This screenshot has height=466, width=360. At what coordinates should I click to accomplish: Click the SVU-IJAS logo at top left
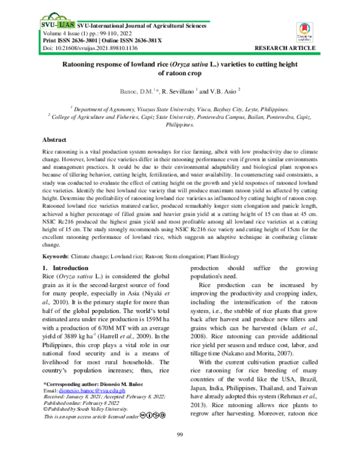57,26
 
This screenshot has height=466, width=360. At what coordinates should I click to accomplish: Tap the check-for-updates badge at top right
303,32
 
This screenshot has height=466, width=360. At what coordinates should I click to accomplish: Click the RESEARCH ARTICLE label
286,46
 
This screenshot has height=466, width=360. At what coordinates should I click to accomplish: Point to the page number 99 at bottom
179,452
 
